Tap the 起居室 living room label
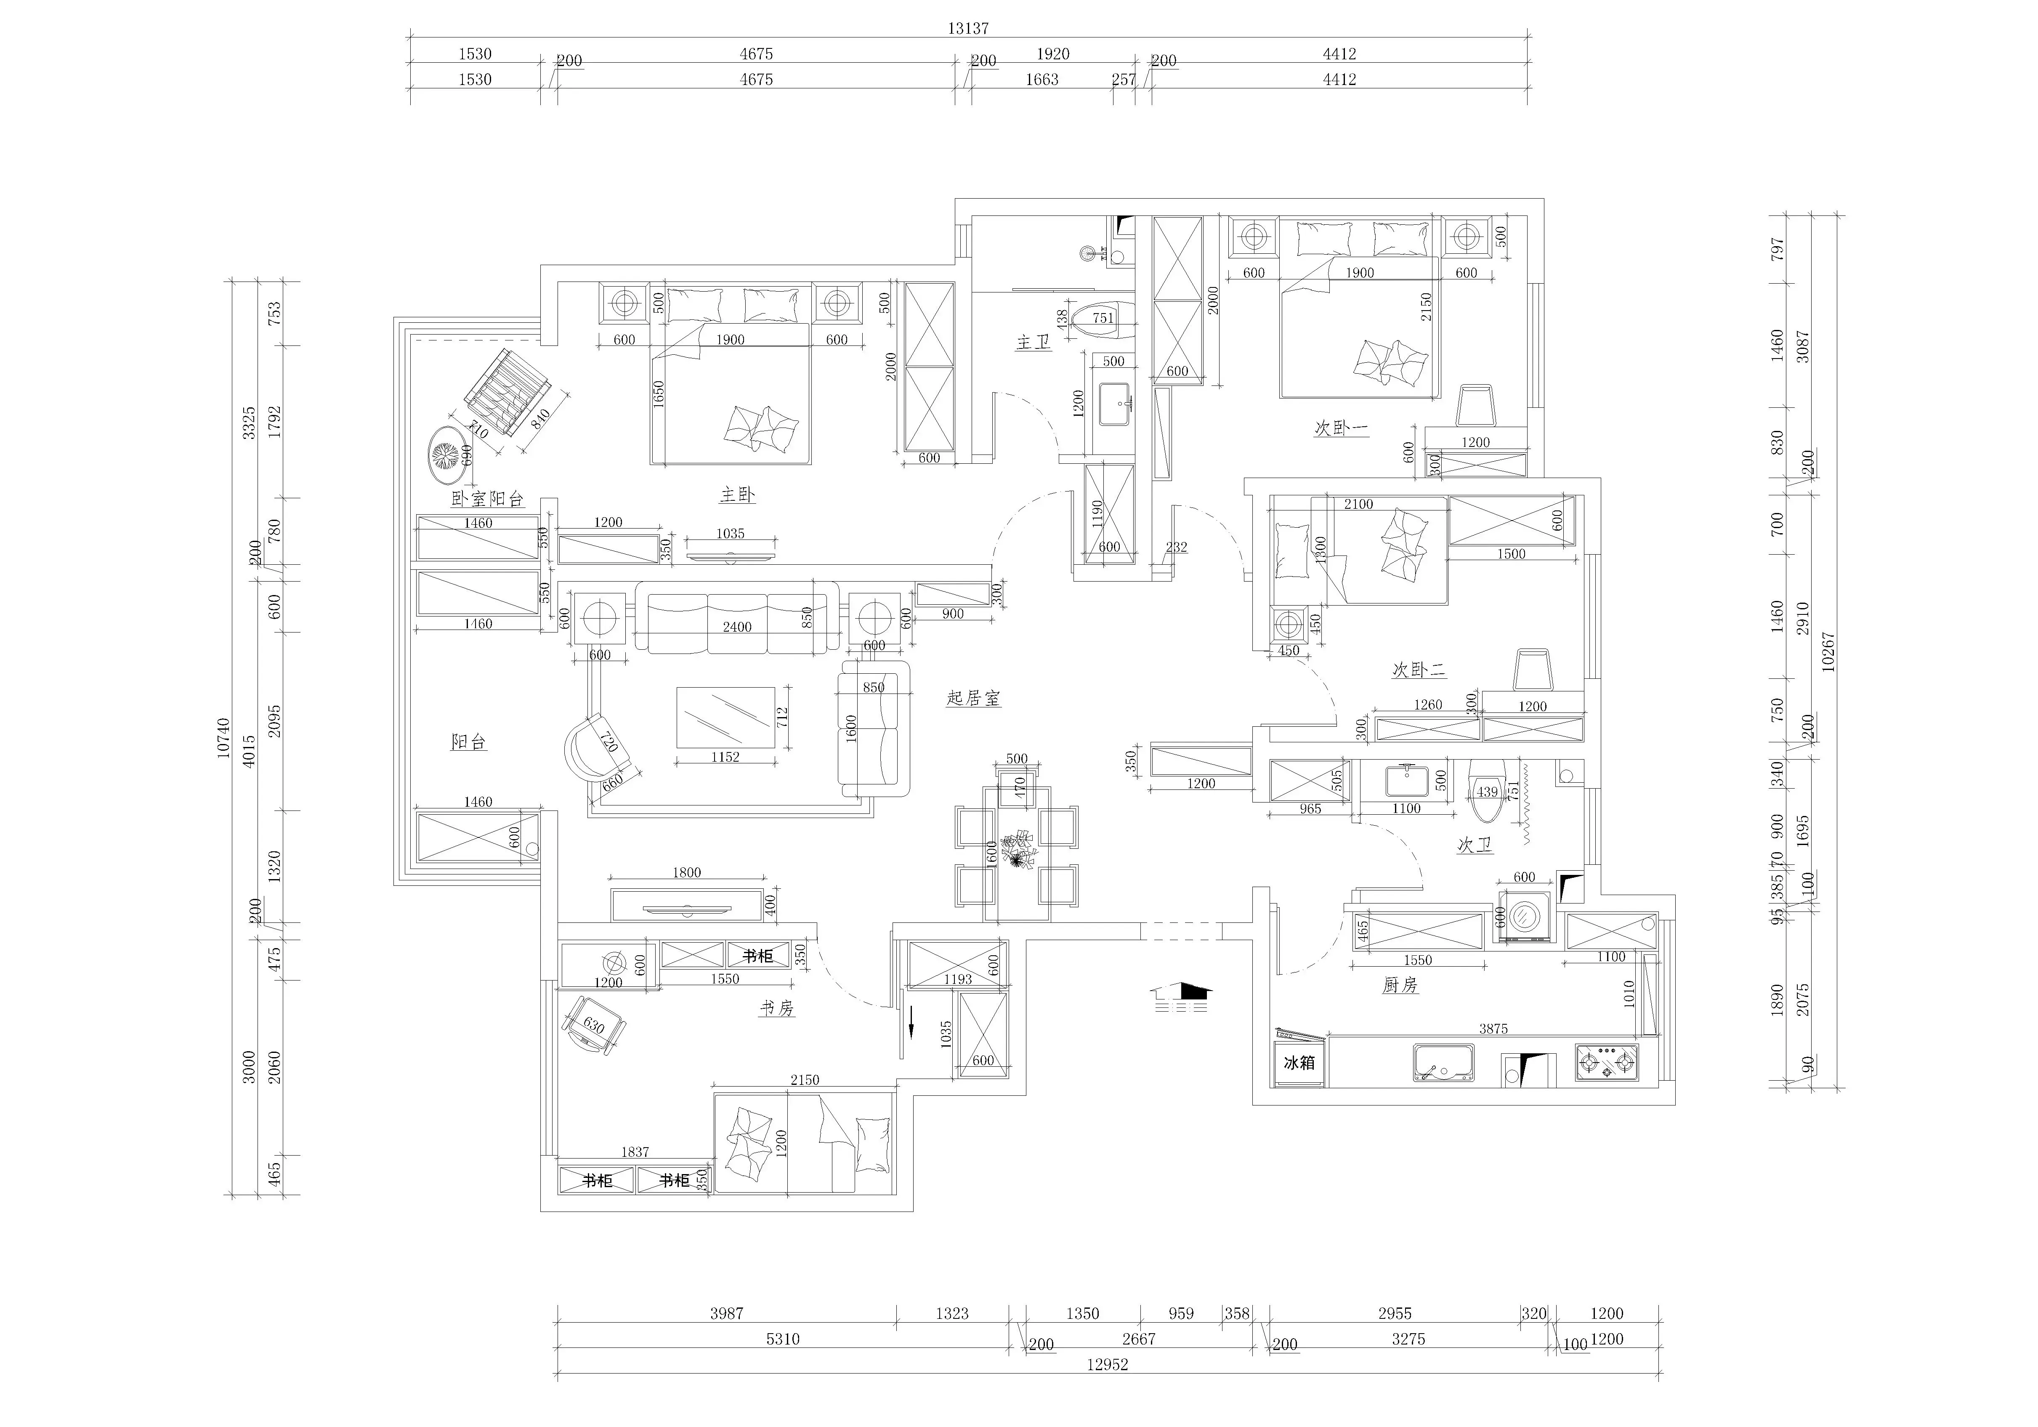point(974,699)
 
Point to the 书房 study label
point(777,1007)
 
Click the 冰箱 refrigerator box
point(1299,1062)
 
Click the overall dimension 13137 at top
point(967,28)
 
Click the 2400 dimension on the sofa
point(737,627)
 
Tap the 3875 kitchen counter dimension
point(1493,1028)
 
